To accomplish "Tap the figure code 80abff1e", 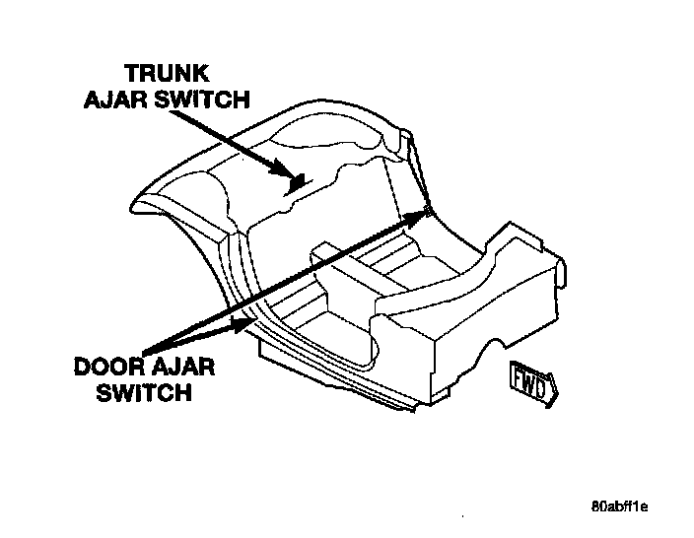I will click(619, 508).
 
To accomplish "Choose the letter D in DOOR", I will click(86, 370).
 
